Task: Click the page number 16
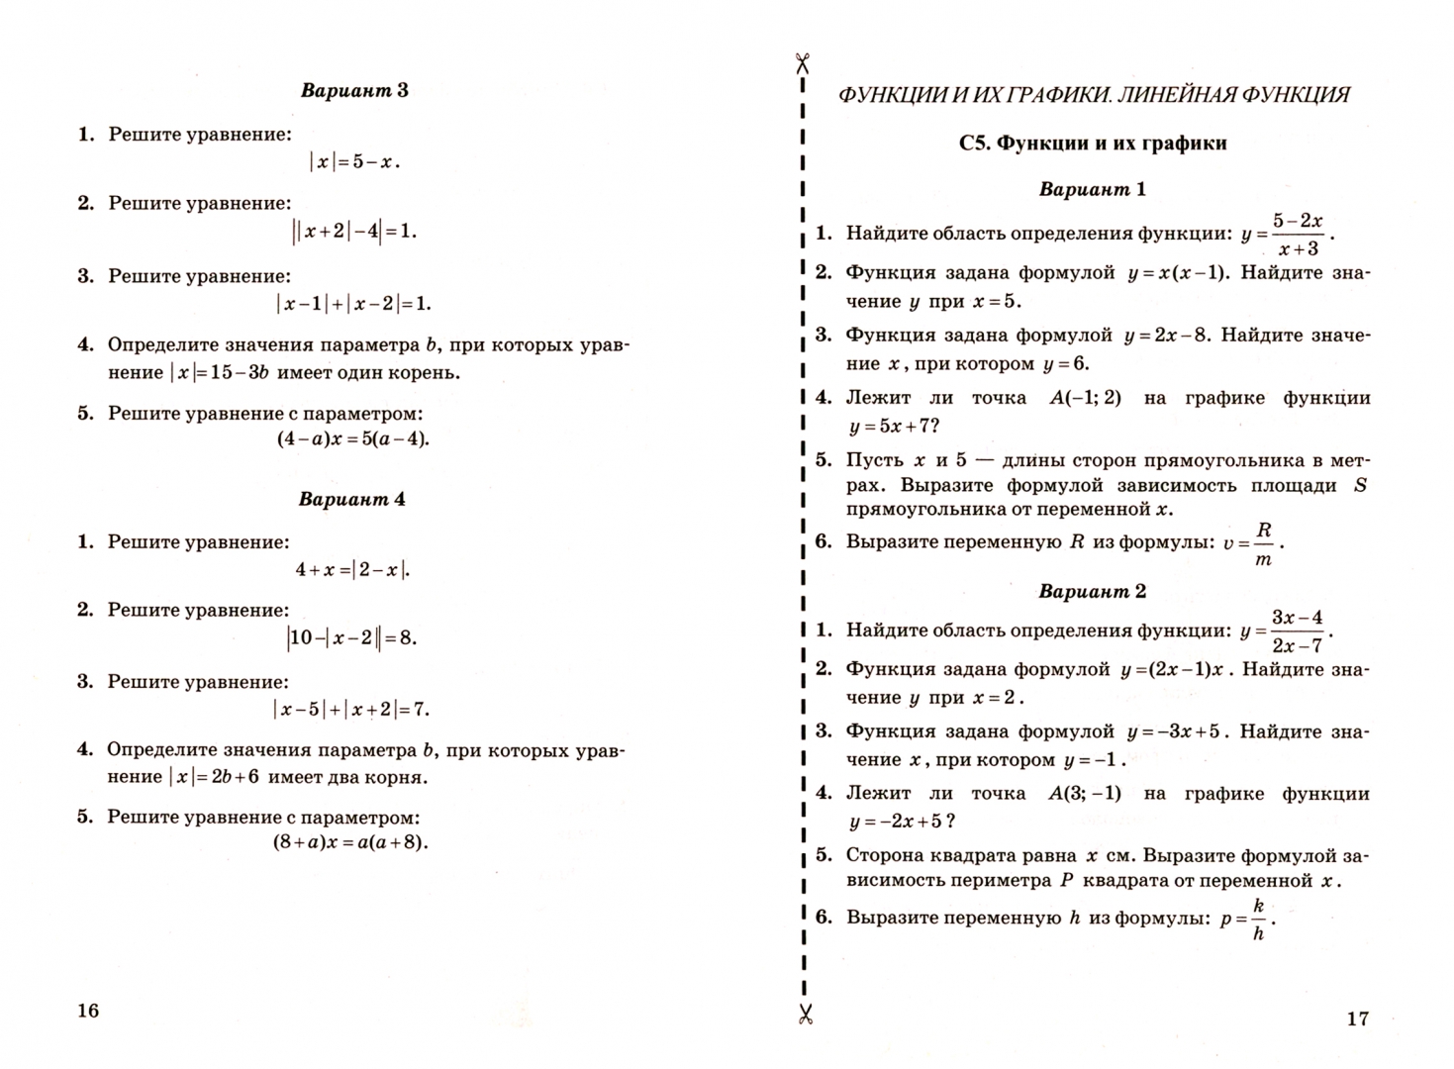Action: (x=88, y=1010)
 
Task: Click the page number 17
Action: (x=1357, y=1018)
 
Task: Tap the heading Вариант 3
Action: (x=354, y=91)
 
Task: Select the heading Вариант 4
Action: (x=351, y=499)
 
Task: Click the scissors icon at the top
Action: (x=803, y=63)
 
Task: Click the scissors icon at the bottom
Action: (x=805, y=1013)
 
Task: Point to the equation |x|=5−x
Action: (x=354, y=161)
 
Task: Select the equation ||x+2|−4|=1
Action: (x=354, y=232)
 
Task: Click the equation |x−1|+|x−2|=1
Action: (x=353, y=304)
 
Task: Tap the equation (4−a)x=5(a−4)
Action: (x=353, y=438)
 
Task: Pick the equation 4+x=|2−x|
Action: (x=352, y=569)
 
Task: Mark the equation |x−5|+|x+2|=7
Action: (x=351, y=709)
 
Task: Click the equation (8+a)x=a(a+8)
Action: (x=350, y=843)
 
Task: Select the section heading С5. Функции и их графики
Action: (x=1093, y=144)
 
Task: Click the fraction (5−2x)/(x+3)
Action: (x=1298, y=235)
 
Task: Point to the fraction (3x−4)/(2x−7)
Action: (x=1297, y=632)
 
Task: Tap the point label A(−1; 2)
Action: (x=1085, y=398)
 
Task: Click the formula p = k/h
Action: (x=1247, y=919)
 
